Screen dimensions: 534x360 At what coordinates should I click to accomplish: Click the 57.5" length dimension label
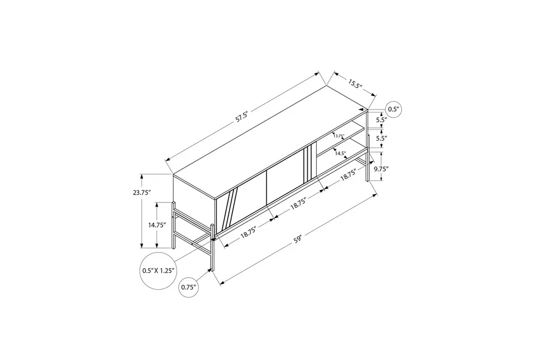[x=241, y=117]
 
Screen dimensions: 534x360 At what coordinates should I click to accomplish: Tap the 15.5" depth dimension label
[x=354, y=83]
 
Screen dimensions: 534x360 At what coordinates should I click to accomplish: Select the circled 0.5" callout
[x=393, y=110]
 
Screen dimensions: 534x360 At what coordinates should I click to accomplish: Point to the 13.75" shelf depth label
[x=339, y=136]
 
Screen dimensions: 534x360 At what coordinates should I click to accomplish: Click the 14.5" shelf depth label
[x=340, y=153]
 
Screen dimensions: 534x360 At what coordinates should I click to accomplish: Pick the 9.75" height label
[x=381, y=168]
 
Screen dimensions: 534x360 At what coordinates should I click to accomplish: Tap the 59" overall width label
[x=298, y=239]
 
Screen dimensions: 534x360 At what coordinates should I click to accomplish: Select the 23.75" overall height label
[x=142, y=193]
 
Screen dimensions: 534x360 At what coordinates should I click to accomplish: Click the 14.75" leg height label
[x=156, y=225]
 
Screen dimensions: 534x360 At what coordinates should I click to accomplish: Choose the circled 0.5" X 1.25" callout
[x=159, y=271]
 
